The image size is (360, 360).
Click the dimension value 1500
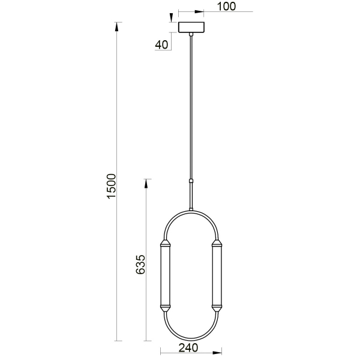click(x=110, y=187)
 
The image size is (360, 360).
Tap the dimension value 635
click(x=140, y=265)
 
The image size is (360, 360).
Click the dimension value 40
click(x=161, y=44)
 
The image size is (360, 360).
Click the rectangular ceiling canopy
click(x=191, y=27)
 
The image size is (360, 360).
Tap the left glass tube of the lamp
click(x=165, y=277)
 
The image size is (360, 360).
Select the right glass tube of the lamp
click(x=217, y=277)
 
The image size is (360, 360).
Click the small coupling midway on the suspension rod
click(x=191, y=181)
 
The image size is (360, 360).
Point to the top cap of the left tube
click(x=165, y=244)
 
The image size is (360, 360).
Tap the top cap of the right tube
click(x=217, y=244)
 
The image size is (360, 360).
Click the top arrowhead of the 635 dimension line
click(x=145, y=182)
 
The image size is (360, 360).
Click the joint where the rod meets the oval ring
click(x=191, y=209)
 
